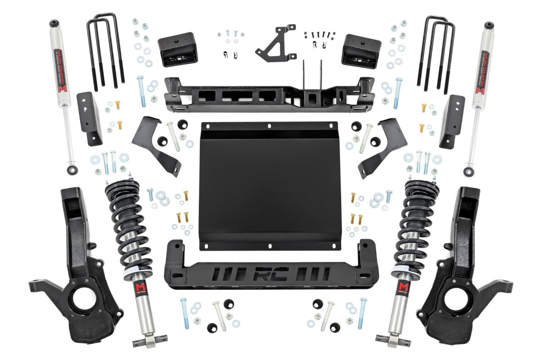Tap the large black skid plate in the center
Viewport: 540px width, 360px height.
point(269,184)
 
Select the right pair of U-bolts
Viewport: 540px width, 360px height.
point(435,52)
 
